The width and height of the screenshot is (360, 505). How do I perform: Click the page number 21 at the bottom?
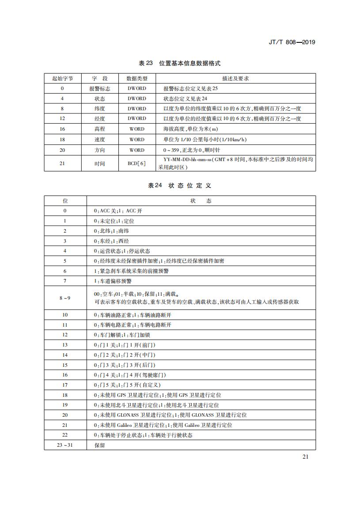coord(305,456)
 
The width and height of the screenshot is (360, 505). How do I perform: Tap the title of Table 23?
coord(179,64)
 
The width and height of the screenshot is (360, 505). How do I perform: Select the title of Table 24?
coord(179,186)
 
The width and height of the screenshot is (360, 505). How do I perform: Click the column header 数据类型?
coord(136,79)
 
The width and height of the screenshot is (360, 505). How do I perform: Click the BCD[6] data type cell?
coord(136,163)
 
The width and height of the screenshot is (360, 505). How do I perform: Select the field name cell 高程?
coord(100,129)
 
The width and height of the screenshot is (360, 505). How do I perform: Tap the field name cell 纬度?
coord(100,109)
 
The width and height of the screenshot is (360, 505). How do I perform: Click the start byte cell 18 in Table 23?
coord(62,139)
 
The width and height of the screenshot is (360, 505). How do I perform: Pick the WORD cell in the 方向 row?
coord(136,150)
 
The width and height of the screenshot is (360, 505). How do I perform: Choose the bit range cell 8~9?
coord(65,298)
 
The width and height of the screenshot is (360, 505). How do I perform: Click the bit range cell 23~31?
coord(65,445)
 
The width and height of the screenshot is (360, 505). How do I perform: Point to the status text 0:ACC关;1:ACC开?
coord(118,211)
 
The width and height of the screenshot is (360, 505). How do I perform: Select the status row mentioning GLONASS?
coord(170,415)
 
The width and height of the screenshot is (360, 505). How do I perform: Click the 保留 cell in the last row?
coord(100,445)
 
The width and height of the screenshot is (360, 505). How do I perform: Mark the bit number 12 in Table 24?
coord(65,335)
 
